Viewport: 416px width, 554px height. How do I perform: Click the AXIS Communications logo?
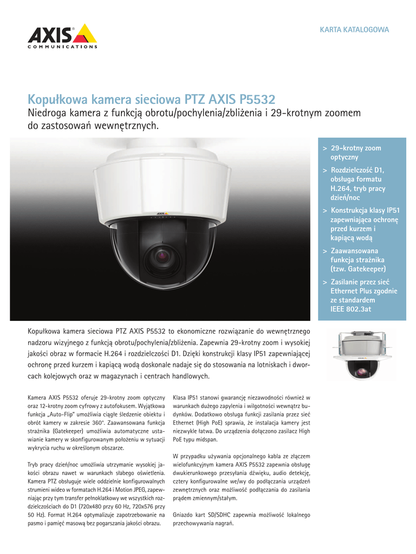pos(62,36)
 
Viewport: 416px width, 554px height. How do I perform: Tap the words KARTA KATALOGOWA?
pos(354,29)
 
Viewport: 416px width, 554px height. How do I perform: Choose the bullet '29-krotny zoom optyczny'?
pos(355,152)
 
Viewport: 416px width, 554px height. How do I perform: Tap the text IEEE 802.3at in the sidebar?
pos(350,309)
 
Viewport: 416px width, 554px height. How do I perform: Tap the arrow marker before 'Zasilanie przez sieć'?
pos(324,282)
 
